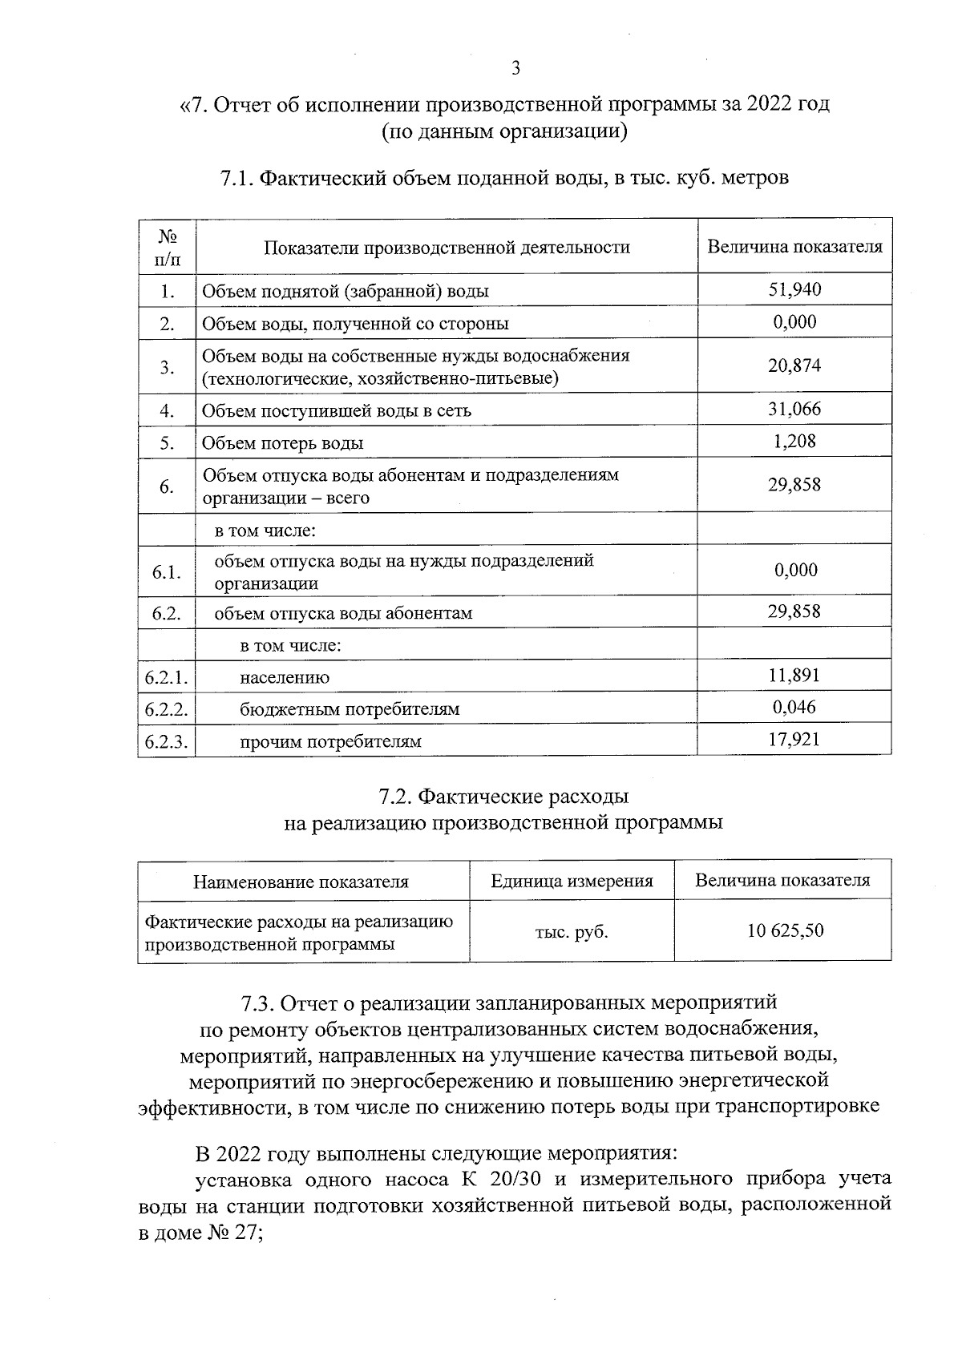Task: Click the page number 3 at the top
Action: (x=515, y=68)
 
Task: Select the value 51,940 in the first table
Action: (x=794, y=289)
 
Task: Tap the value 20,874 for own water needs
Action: (x=794, y=365)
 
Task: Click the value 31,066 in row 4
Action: (x=794, y=410)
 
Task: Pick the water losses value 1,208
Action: (x=794, y=442)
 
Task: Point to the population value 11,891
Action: (x=794, y=675)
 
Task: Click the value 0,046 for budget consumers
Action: (x=794, y=707)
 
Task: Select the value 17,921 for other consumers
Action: (x=794, y=739)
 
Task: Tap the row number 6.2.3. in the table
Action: (x=167, y=741)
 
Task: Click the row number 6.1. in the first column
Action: (x=167, y=571)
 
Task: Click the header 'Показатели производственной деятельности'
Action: (x=447, y=248)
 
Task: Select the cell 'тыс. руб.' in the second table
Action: (x=572, y=931)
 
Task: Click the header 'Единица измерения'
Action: (x=572, y=882)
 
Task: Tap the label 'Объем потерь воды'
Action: (x=282, y=443)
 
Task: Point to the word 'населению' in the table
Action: (x=285, y=677)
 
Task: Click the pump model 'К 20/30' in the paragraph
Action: (x=491, y=1179)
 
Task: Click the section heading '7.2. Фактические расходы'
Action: (x=503, y=797)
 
